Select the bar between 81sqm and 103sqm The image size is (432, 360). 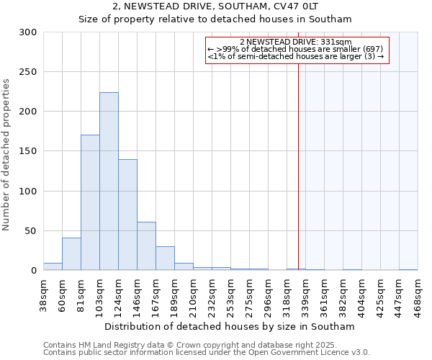[90, 202]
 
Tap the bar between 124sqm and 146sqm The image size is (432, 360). [127, 215]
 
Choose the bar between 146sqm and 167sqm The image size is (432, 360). [146, 246]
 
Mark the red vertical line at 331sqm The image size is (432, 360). [298, 158]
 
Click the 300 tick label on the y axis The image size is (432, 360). [28, 32]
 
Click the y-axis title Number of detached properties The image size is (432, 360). [7, 155]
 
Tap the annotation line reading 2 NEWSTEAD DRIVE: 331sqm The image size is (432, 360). [296, 42]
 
